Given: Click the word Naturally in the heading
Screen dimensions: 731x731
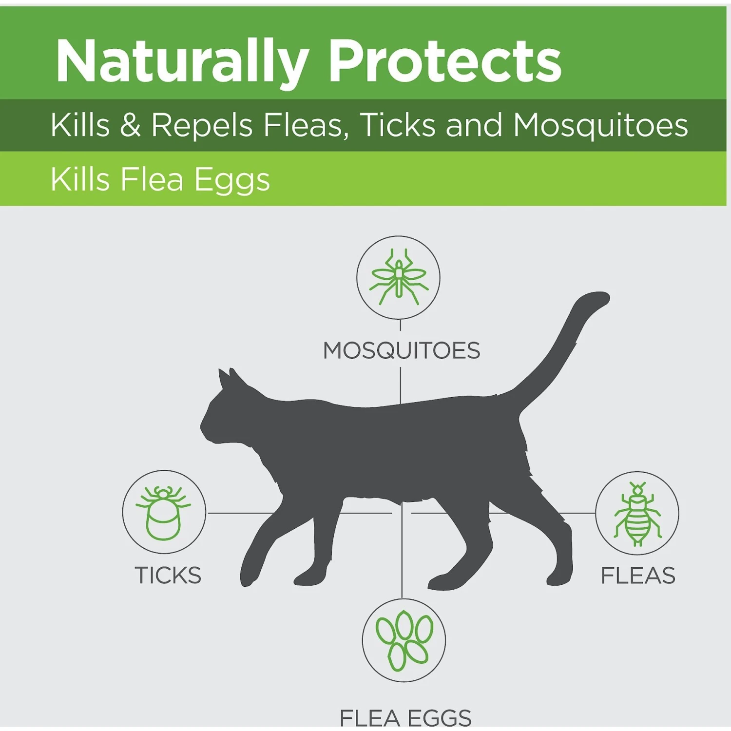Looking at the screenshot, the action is pos(183,62).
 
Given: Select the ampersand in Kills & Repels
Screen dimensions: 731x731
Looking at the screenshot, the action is pos(130,125).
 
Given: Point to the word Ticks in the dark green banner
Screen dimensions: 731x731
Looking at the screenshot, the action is pos(398,125).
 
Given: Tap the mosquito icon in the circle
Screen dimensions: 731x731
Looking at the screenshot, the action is pos(399,277).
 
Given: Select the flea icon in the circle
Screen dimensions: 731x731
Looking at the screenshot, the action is pos(637,514).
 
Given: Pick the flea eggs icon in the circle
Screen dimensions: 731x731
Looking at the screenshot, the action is pos(404,640).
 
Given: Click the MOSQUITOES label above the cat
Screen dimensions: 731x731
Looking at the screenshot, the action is pos(402,350).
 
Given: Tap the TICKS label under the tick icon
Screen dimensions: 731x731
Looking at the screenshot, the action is pos(168,576).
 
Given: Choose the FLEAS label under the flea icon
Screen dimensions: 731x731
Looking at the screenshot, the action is pos(638,576).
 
